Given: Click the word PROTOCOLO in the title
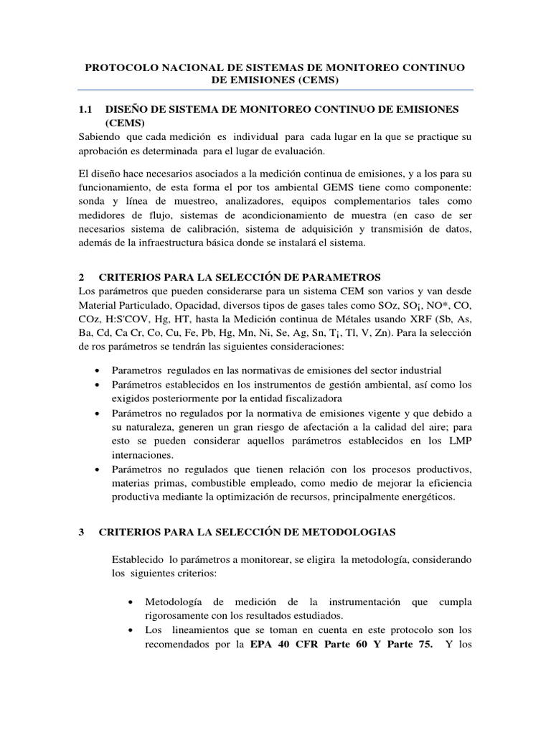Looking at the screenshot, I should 118,67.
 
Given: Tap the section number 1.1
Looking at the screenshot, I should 85,109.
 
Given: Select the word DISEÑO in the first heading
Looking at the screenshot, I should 126,109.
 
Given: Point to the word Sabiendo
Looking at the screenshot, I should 99,136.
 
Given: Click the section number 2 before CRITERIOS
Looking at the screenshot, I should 82,277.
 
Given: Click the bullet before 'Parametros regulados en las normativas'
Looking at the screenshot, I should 98,371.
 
